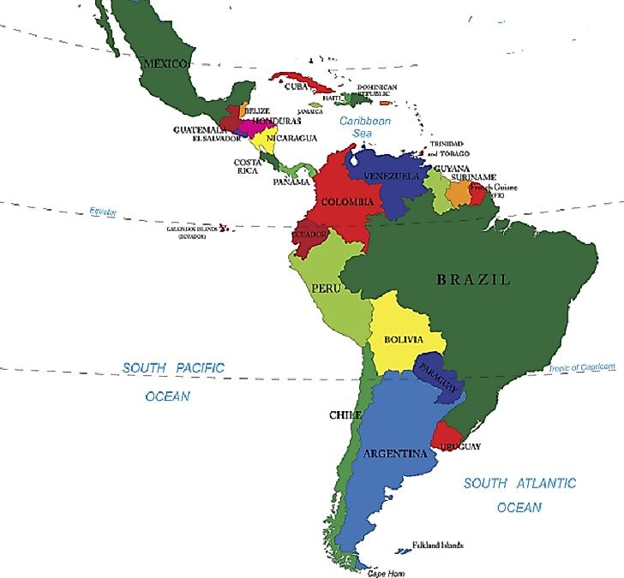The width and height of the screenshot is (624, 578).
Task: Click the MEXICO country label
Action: click(165, 63)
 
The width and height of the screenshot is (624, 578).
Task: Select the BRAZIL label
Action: click(472, 279)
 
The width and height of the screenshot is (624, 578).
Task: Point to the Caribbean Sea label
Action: click(364, 128)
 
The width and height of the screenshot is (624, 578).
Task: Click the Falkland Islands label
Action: click(437, 545)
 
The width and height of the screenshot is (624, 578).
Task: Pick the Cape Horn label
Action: click(386, 573)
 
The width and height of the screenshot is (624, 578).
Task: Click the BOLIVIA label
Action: click(403, 340)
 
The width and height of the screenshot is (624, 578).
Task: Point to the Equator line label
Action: click(103, 212)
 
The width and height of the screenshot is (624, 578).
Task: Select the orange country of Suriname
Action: click(459, 193)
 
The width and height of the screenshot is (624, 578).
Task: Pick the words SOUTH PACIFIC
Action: click(173, 368)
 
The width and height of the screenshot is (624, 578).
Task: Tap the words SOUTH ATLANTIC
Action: click(519, 484)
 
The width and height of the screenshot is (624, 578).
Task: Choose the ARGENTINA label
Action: click(394, 453)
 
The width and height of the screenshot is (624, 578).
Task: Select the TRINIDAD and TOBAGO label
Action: click(447, 148)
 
